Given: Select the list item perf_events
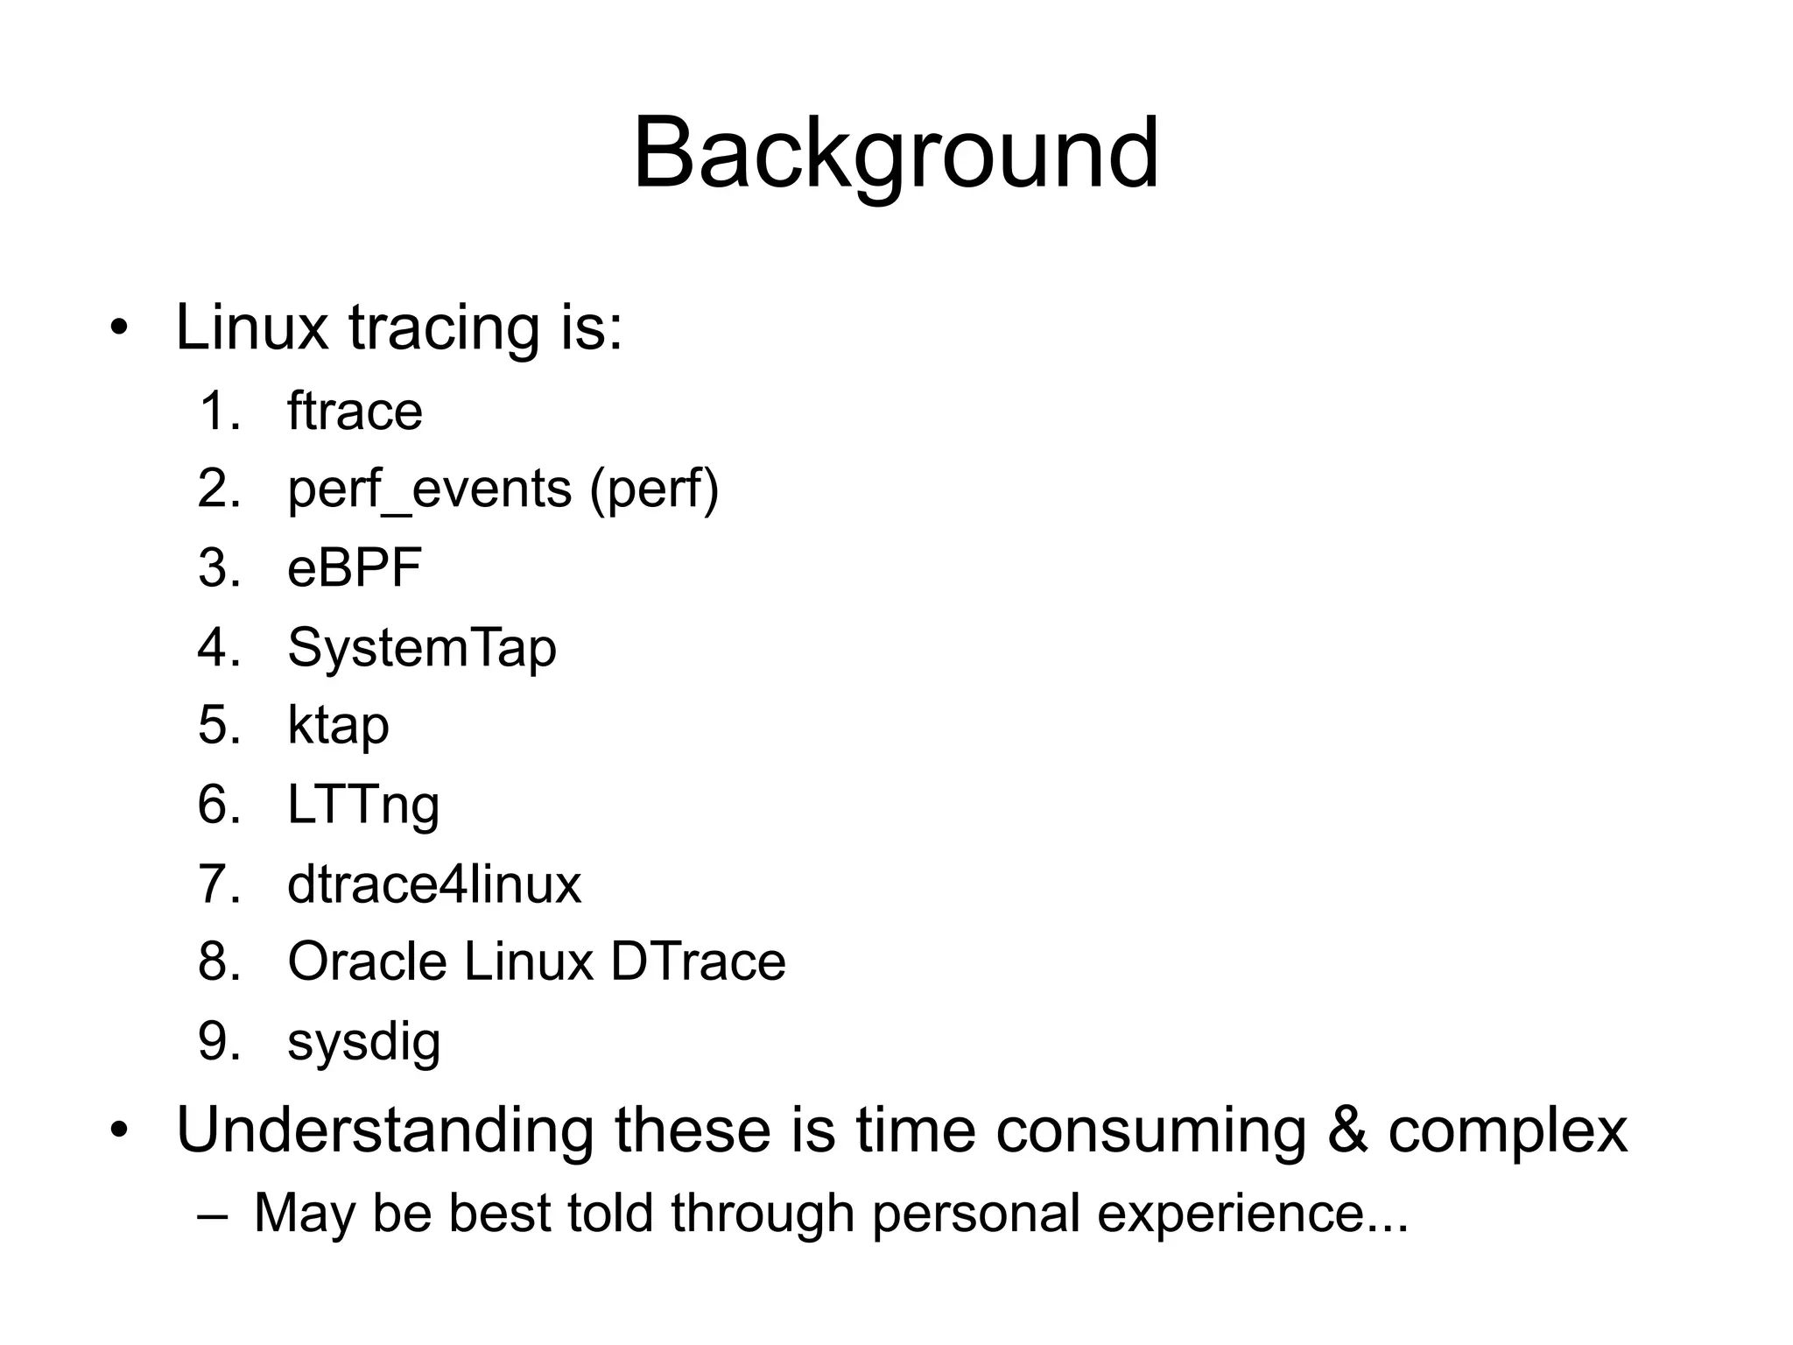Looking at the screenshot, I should [429, 489].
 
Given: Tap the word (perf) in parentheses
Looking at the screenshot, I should [654, 489].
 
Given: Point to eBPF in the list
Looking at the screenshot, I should [355, 567].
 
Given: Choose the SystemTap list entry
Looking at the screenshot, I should [421, 648].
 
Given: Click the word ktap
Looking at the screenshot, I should [338, 726].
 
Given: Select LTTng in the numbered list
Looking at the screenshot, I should [362, 805].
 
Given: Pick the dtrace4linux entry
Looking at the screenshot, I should [433, 884].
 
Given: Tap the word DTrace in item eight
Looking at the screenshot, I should [698, 961].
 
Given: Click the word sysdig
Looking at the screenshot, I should [363, 1042].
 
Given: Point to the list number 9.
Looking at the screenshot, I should [214, 1042].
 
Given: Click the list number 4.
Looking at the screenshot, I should [214, 648].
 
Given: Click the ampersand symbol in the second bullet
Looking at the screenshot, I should [1347, 1130].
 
